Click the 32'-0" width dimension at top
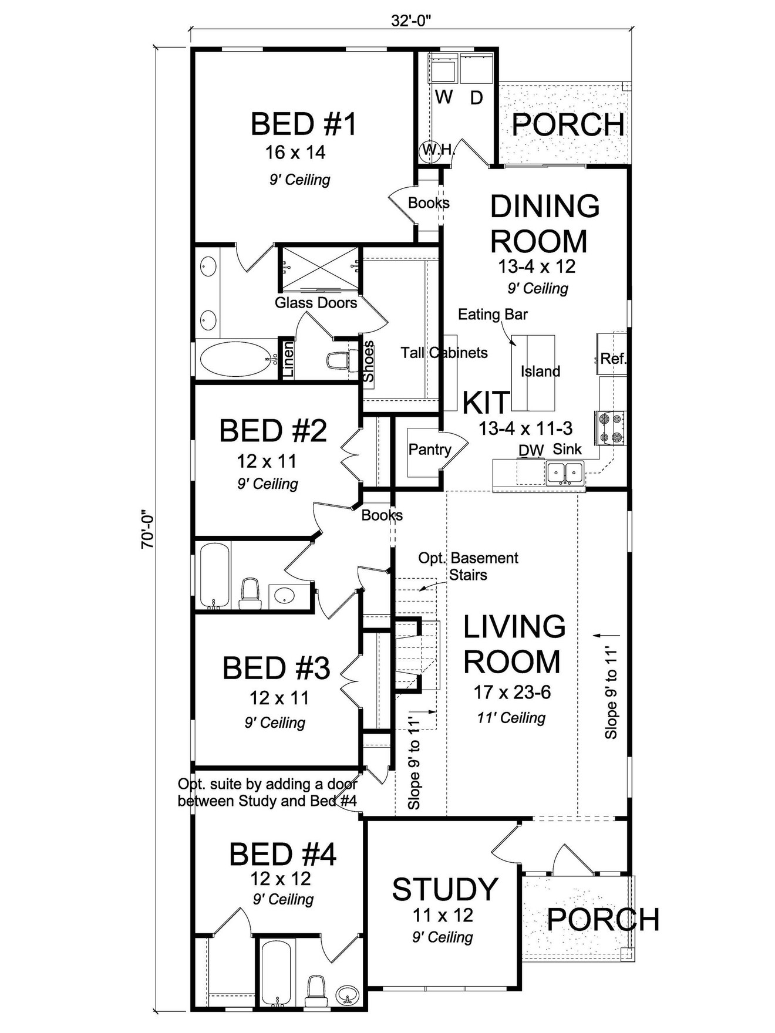[x=411, y=21]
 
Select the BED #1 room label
[x=303, y=124]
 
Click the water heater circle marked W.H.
[x=430, y=150]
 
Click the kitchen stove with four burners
[x=610, y=428]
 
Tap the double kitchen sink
[x=565, y=472]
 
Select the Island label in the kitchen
[x=540, y=372]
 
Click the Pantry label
[x=430, y=450]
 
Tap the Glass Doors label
[x=316, y=303]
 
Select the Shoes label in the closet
[x=369, y=361]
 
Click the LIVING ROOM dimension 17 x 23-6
[x=512, y=693]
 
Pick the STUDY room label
[x=445, y=889]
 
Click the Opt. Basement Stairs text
[x=468, y=566]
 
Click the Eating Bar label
[x=493, y=315]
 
